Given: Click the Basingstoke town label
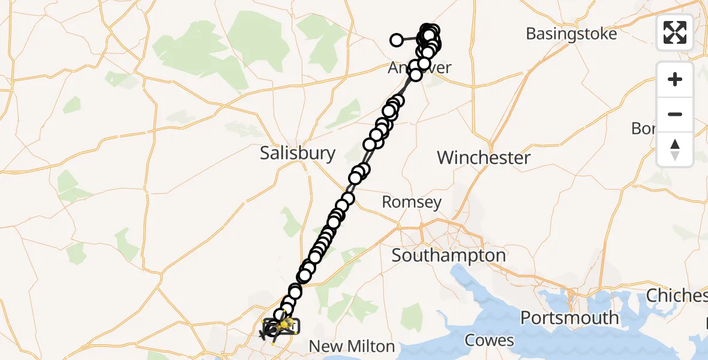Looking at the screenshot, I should (x=571, y=34).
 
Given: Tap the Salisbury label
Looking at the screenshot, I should (x=298, y=153).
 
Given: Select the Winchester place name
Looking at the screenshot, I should (x=484, y=158).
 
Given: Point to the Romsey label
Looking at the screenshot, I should (x=412, y=202).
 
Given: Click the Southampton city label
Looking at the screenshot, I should (x=449, y=256).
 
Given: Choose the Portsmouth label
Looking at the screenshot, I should (x=569, y=317).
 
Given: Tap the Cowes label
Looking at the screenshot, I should (x=490, y=341).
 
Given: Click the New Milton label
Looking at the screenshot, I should (x=351, y=346).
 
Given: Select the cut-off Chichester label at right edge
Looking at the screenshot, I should (x=677, y=296).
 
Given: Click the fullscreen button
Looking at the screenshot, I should (x=675, y=32).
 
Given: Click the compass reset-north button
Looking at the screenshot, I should (x=675, y=149).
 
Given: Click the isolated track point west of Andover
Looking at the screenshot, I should (x=397, y=40).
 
